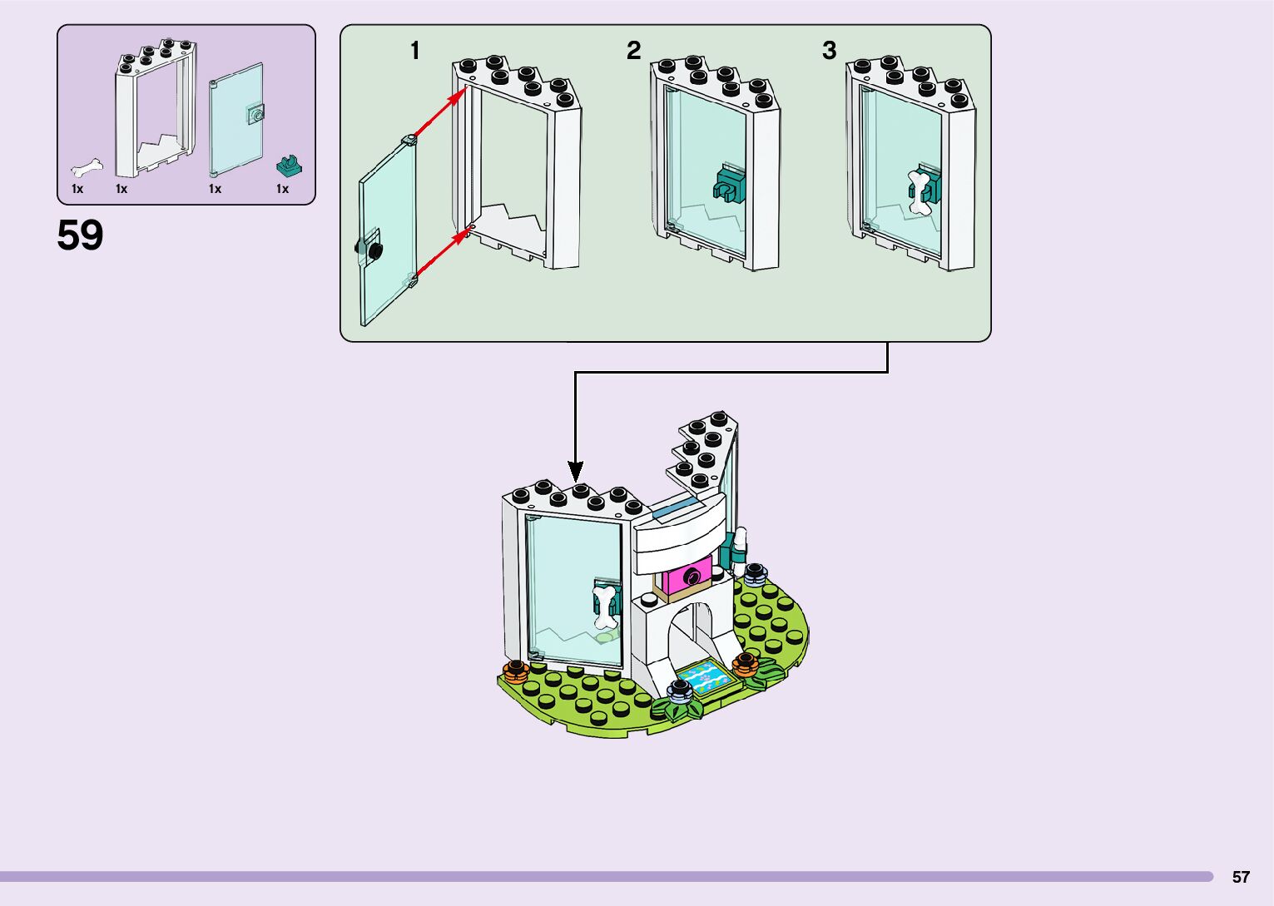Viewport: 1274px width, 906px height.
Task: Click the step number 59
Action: [80, 235]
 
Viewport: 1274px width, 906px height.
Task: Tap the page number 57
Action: [1241, 877]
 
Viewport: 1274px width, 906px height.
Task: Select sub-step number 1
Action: [415, 51]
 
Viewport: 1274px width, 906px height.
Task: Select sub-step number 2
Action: [634, 51]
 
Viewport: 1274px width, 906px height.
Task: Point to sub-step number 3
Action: [829, 51]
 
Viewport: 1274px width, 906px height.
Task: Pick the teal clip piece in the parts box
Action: [289, 166]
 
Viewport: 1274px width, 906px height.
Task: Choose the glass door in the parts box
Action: [237, 119]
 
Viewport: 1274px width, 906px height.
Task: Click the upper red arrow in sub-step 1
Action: [438, 115]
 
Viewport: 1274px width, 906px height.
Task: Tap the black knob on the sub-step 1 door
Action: [370, 248]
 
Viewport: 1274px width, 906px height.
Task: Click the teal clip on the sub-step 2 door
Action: [728, 185]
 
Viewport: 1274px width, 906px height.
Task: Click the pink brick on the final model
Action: [687, 575]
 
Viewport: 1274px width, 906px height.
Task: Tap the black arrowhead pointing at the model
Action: [575, 472]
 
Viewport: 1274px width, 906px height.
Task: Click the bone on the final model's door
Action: [605, 607]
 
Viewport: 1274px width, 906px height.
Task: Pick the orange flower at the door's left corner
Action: [517, 670]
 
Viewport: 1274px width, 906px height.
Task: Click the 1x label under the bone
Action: [77, 189]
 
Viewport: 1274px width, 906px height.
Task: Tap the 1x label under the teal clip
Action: [283, 189]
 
